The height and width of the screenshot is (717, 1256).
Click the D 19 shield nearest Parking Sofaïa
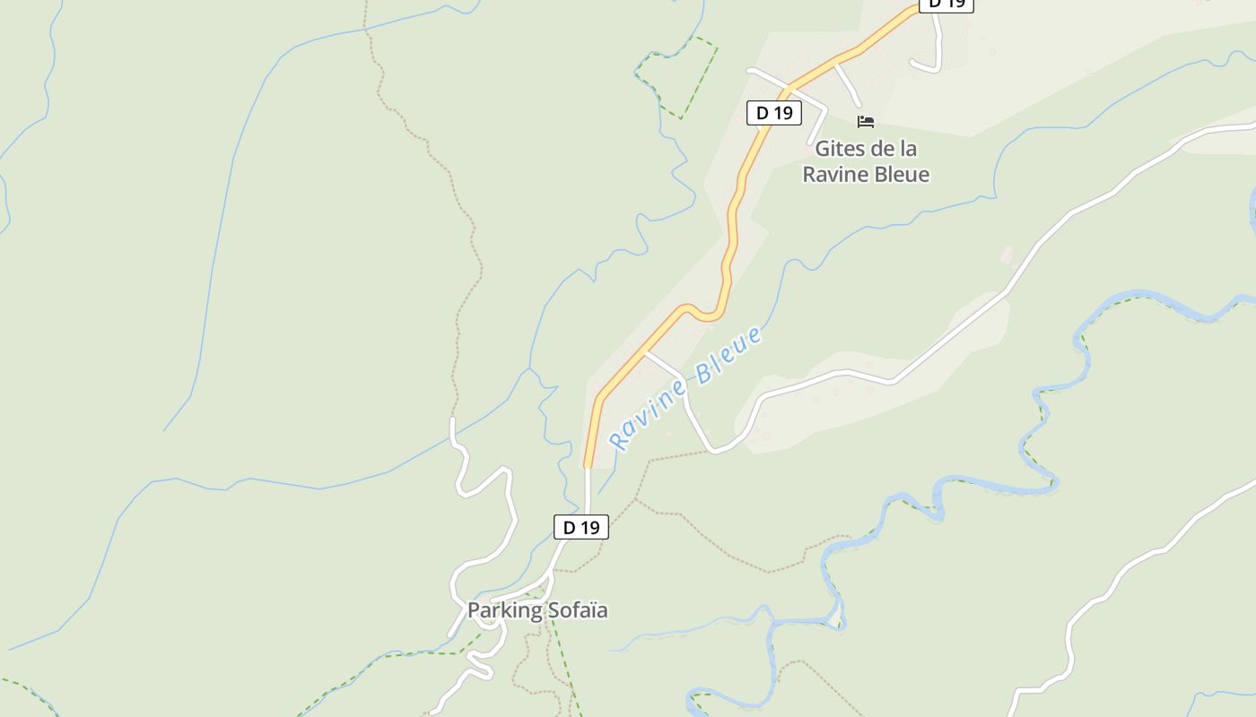(581, 527)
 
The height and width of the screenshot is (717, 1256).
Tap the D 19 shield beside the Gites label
(773, 113)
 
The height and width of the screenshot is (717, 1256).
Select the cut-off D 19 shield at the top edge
(946, 4)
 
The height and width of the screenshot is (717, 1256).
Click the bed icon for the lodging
(865, 122)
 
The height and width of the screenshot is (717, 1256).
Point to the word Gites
(833, 149)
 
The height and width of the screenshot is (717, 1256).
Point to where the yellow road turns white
(588, 467)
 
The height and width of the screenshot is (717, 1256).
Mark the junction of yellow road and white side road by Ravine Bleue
(645, 352)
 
